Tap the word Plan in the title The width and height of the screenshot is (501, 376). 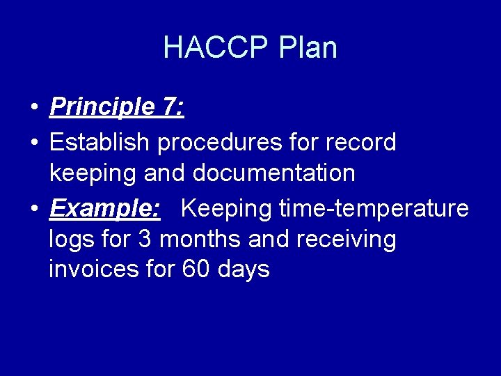pyautogui.click(x=308, y=48)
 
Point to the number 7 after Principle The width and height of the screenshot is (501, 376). pyautogui.click(x=170, y=107)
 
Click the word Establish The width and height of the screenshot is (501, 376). pyautogui.click(x=100, y=142)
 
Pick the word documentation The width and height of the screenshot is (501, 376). pyautogui.click(x=274, y=173)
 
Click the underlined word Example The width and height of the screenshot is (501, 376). pyautogui.click(x=104, y=208)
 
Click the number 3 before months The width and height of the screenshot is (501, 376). pyautogui.click(x=145, y=240)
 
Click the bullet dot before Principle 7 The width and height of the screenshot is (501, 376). pyautogui.click(x=33, y=109)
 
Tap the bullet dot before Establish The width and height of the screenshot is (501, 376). pyautogui.click(x=33, y=143)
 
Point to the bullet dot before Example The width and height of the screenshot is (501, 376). pyautogui.click(x=33, y=209)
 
